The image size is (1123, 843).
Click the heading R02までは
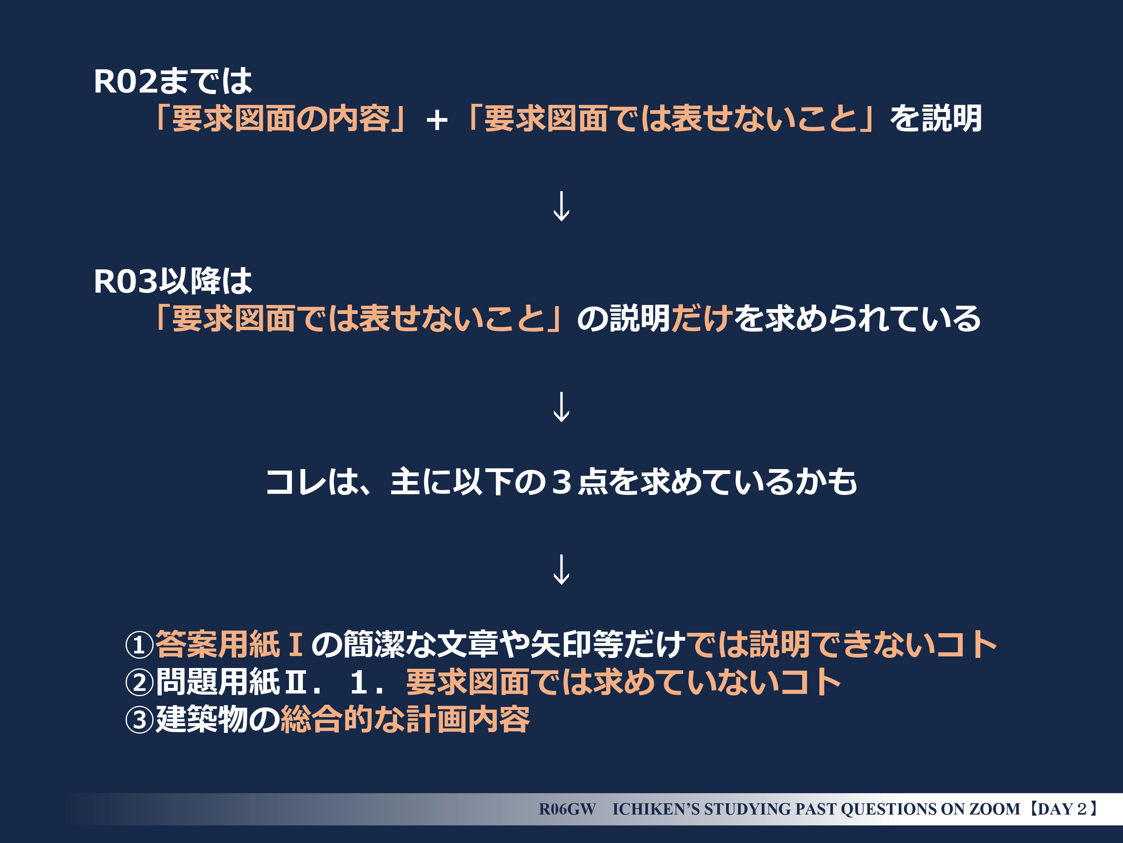click(173, 81)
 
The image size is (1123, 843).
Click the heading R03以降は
click(173, 281)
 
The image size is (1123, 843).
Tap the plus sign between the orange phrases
click(436, 121)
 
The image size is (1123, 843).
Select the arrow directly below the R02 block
click(561, 206)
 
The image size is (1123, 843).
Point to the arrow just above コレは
click(561, 407)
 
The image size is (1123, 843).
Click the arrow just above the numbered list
click(561, 569)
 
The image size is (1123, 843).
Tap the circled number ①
click(139, 645)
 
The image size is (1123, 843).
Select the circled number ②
click(139, 682)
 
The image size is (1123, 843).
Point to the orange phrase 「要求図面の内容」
click(281, 119)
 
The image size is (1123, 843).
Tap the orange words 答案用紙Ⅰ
click(229, 645)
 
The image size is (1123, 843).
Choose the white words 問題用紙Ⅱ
click(231, 682)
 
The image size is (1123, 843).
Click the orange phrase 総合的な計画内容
click(405, 719)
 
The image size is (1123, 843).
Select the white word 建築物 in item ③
click(201, 719)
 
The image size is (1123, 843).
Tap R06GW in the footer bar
click(567, 809)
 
